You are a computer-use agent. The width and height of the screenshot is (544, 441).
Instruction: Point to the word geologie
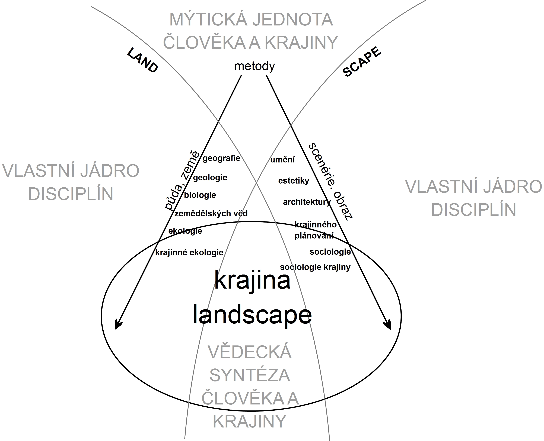[x=210, y=178]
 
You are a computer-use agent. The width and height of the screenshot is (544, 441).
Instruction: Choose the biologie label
[x=200, y=195]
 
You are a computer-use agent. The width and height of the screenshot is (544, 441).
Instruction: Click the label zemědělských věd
[x=211, y=214]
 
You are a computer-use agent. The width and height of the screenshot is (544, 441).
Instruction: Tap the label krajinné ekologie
[x=189, y=253]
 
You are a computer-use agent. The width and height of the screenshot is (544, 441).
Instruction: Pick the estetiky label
[x=294, y=181]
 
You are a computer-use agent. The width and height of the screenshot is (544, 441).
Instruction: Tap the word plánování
[x=314, y=236]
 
